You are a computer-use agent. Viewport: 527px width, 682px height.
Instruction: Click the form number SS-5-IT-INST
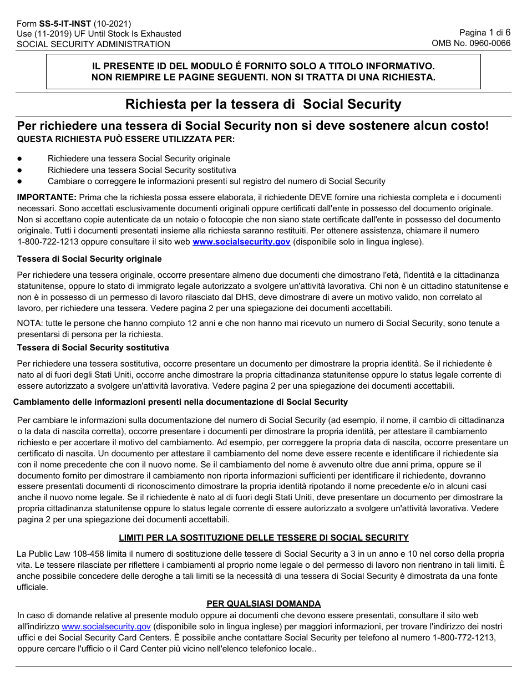click(65, 24)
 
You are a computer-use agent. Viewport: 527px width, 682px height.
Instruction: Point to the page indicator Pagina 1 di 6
click(485, 33)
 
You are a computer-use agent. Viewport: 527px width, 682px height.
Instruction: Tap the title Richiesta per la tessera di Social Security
click(263, 104)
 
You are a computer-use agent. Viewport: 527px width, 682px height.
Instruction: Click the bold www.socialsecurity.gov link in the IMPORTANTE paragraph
click(241, 242)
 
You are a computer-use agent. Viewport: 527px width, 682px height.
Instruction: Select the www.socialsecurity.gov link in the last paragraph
click(106, 627)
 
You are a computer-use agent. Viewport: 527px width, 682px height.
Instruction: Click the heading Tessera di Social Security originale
click(89, 259)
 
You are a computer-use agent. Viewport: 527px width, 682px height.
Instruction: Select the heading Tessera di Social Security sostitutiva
click(93, 348)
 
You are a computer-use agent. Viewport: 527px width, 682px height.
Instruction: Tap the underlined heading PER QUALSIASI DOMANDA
click(263, 604)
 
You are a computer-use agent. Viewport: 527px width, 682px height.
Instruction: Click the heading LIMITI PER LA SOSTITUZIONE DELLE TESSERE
click(263, 537)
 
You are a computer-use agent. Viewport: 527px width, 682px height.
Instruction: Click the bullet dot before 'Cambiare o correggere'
click(20, 181)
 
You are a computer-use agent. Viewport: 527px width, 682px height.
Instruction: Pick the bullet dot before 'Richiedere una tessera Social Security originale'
click(20, 159)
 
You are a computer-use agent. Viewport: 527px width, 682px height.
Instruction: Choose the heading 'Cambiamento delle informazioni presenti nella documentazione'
click(180, 402)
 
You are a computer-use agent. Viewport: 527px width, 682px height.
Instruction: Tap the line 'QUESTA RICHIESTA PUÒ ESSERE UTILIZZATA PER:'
click(125, 139)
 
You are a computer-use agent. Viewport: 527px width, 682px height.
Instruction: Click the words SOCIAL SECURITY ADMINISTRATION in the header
click(93, 44)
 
